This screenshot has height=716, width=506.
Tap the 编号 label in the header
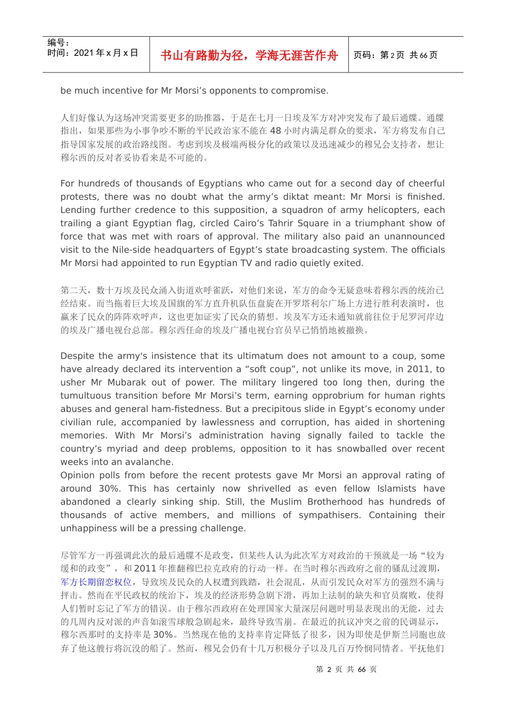58,43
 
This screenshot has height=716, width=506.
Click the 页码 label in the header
364,55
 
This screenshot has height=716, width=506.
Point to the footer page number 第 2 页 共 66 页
346,669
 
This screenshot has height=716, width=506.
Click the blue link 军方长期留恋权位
96,582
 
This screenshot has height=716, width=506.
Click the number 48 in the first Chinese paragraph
275,131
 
